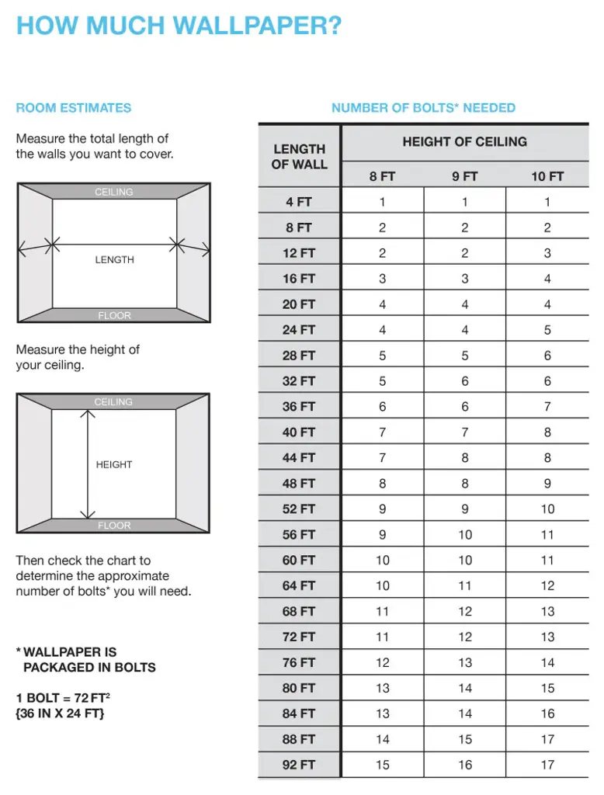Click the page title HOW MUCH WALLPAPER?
click(x=179, y=26)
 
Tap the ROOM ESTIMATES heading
click(x=74, y=108)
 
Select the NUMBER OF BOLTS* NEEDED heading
click(x=423, y=108)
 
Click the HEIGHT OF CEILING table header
click(x=464, y=141)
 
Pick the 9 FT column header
click(x=464, y=176)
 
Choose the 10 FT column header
click(x=547, y=176)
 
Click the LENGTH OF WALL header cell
click(x=299, y=156)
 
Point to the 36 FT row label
click(x=299, y=406)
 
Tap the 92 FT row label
click(x=299, y=765)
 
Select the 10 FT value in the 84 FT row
click(x=547, y=713)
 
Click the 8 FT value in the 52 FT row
click(x=382, y=509)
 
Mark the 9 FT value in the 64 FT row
click(x=464, y=585)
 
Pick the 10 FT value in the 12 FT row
click(x=547, y=252)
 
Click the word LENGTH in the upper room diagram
click(x=114, y=260)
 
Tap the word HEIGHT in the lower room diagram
click(x=114, y=464)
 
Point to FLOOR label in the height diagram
click(x=114, y=526)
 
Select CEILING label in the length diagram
click(x=114, y=192)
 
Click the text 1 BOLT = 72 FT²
click(x=64, y=698)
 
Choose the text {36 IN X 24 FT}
click(x=60, y=713)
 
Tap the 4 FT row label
click(x=299, y=202)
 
